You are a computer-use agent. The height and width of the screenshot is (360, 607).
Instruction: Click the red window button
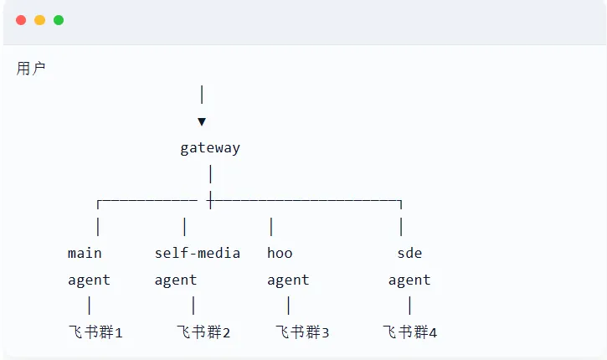21,20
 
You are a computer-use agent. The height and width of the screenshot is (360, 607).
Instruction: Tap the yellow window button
39,20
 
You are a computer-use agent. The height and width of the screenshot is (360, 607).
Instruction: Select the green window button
59,20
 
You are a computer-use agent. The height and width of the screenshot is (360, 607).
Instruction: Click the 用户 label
31,69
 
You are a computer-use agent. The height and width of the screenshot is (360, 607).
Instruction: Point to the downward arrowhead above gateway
202,121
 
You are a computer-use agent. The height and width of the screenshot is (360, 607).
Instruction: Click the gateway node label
210,148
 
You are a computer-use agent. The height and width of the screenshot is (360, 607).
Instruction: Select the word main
85,253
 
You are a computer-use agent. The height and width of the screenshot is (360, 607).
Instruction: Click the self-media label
198,253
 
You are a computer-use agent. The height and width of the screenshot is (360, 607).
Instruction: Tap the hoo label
280,253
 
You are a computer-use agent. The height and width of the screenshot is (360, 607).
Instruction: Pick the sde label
409,253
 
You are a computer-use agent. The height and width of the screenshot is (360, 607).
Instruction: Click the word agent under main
89,280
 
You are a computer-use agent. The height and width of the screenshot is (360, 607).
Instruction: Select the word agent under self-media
176,280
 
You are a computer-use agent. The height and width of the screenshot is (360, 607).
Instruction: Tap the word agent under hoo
288,280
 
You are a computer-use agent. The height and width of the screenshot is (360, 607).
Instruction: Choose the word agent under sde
409,280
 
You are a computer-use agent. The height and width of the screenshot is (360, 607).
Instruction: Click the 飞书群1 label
95,332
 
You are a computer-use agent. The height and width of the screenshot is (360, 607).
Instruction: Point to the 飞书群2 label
203,332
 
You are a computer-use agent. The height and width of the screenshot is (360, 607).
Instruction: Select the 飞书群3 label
302,332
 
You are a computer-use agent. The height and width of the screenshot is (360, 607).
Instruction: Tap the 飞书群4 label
410,332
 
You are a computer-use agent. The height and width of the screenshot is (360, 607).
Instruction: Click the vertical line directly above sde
402,226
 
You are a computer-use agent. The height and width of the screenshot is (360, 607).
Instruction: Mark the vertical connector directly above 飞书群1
90,306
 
